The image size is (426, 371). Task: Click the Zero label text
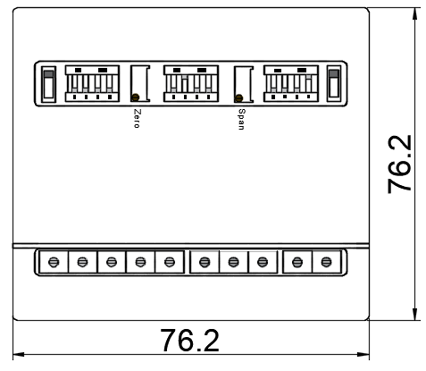[137, 119]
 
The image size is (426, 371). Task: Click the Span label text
[241, 119]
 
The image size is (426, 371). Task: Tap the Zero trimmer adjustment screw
[136, 97]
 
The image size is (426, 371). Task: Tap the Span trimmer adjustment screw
[238, 97]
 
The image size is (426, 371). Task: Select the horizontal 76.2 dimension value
[189, 341]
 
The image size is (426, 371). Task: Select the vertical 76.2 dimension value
[399, 164]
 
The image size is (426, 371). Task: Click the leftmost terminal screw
[54, 262]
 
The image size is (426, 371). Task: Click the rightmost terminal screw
[326, 262]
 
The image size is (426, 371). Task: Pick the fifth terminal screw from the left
[170, 262]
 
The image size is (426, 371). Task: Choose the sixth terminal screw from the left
[205, 262]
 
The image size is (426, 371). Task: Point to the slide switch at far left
[48, 84]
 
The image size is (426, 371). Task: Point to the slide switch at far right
[334, 84]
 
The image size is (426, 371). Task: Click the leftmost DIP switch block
[92, 84]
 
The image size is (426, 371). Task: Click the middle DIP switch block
[191, 84]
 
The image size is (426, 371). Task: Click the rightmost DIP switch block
[291, 84]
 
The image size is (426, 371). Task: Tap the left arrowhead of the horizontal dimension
[19, 355]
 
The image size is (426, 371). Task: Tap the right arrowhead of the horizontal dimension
[363, 355]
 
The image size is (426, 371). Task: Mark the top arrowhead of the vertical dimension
[414, 14]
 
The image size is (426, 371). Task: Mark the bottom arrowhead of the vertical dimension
[414, 315]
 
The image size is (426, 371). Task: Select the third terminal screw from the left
[112, 262]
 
